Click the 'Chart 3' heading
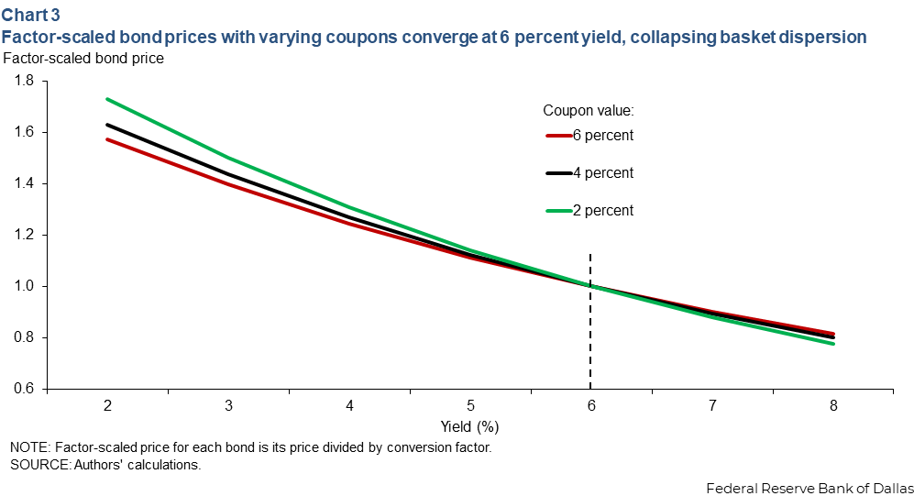30,14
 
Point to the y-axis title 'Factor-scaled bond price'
83,59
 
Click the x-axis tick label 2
108,405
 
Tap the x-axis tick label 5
470,405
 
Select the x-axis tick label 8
833,405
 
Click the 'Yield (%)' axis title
469,426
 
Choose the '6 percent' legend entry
589,135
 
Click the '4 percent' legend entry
589,173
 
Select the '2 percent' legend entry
589,210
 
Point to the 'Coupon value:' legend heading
589,110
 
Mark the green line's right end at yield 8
833,343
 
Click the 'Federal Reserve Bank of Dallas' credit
809,488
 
